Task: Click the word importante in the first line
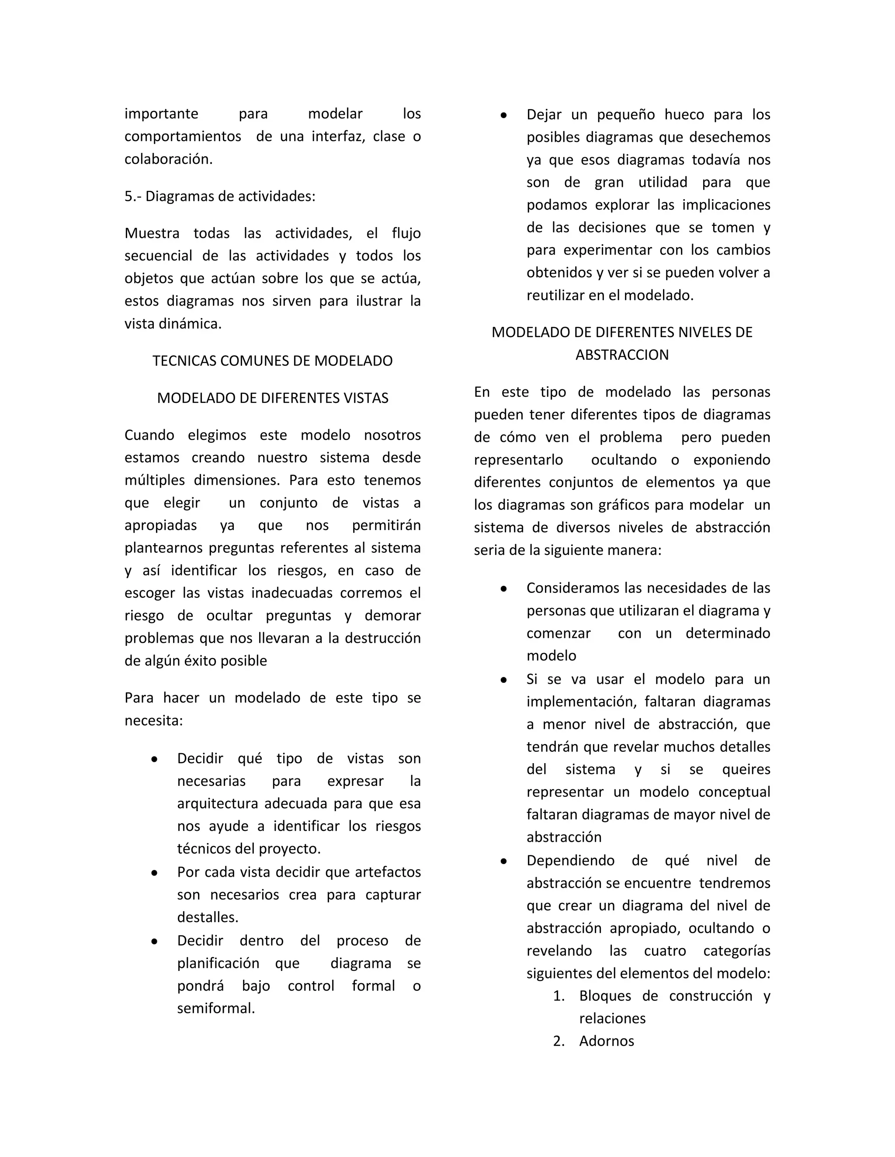[x=161, y=114]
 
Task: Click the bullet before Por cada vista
[x=154, y=872]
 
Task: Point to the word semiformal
[x=216, y=1008]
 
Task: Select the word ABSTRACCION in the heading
[x=622, y=355]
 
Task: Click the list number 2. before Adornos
[x=559, y=1041]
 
